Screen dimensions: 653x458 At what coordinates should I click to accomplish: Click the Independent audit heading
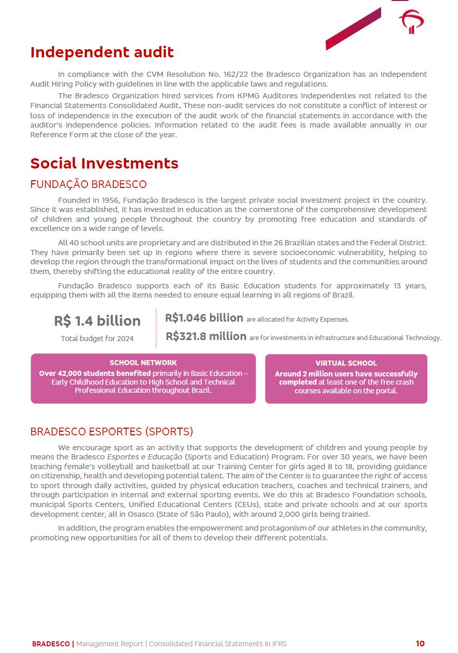(x=102, y=52)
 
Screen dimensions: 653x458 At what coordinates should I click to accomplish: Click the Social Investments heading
(x=104, y=163)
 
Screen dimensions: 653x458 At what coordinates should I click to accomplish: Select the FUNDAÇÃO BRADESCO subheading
(x=88, y=184)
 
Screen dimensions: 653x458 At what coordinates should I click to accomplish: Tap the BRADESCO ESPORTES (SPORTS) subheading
(x=111, y=431)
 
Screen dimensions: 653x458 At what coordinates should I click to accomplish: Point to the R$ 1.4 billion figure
(x=97, y=321)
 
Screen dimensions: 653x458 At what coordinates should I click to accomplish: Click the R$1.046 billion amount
(x=204, y=318)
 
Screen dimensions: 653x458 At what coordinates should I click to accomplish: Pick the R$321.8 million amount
(x=206, y=336)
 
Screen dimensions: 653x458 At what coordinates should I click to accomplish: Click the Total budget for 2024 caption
(x=97, y=339)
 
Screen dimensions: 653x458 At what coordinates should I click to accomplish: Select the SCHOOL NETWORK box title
(x=143, y=363)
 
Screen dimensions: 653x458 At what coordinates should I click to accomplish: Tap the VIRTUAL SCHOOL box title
(x=346, y=363)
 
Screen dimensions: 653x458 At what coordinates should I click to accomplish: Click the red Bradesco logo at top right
(x=411, y=22)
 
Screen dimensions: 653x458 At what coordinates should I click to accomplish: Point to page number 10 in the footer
(x=420, y=644)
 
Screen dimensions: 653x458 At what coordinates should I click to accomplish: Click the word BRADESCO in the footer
(x=51, y=644)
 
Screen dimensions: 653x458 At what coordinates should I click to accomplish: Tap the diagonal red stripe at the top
(x=353, y=29)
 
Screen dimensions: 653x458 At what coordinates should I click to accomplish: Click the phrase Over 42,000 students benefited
(x=95, y=373)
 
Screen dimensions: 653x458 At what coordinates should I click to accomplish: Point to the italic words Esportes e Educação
(x=144, y=457)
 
